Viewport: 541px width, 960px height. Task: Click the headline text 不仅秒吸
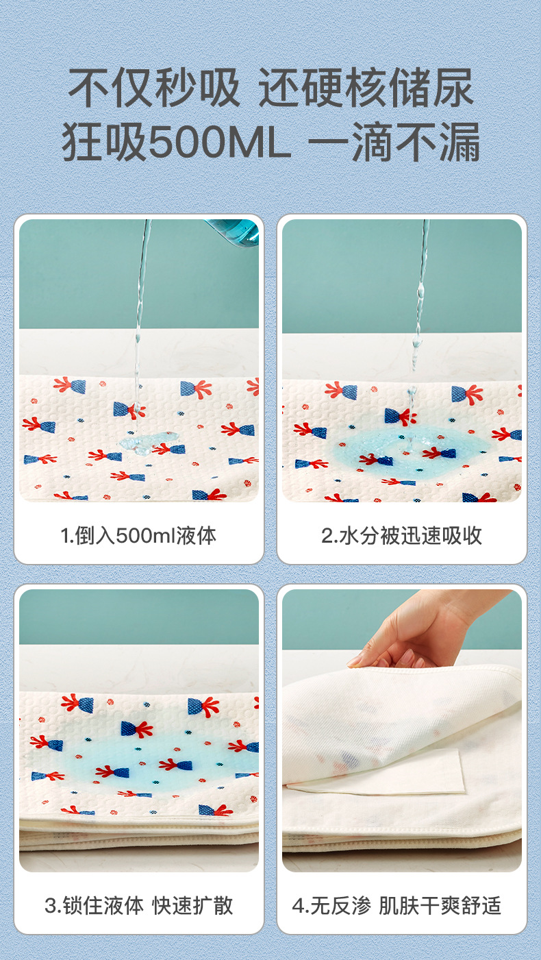pos(154,88)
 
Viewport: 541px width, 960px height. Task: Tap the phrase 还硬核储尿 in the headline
pos(366,88)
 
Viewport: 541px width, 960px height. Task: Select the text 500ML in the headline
pos(219,141)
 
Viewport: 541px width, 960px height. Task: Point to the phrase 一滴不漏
pos(394,141)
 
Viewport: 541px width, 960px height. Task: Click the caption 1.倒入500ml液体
pos(138,536)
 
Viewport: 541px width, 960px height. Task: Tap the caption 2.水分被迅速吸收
pos(401,536)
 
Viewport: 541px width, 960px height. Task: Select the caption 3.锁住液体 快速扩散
pos(138,906)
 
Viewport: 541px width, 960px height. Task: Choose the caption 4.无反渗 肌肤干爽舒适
pos(397,906)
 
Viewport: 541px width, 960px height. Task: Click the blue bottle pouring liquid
pos(234,232)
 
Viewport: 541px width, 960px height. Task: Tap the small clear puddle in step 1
pos(148,443)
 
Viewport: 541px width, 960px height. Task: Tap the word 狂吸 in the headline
pos(105,141)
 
